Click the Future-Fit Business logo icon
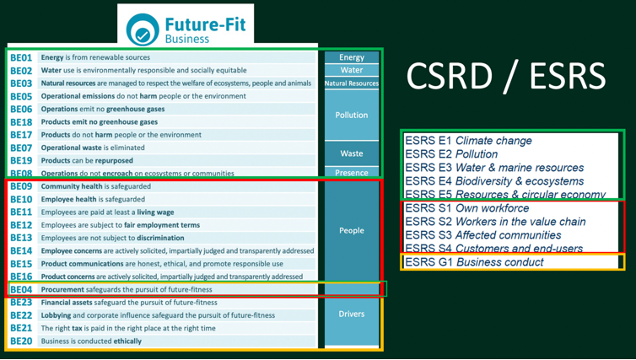tap(143, 30)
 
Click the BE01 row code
tap(21, 57)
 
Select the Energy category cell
tap(352, 57)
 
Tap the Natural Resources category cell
tap(352, 83)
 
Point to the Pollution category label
tap(352, 115)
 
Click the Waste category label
tap(352, 153)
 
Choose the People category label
tap(352, 230)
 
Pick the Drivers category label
tap(352, 314)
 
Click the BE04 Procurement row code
tap(21, 289)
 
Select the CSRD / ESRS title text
tap(505, 76)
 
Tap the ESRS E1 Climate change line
tap(468, 141)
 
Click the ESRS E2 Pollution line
tap(451, 154)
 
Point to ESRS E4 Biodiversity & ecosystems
tap(494, 181)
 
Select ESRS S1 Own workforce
tap(467, 208)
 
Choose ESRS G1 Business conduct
tap(474, 262)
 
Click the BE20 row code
tap(21, 341)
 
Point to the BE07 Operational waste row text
tap(93, 148)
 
